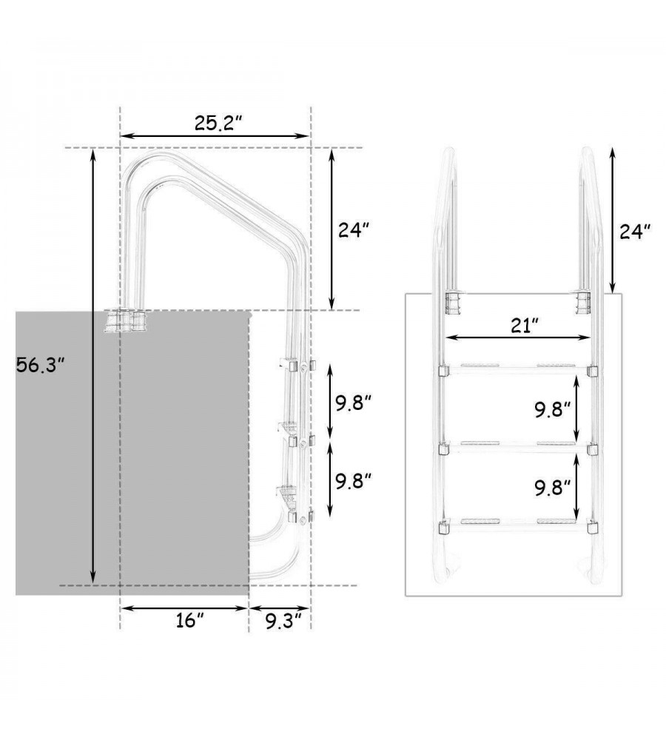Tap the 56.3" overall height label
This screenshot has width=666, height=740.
coord(40,365)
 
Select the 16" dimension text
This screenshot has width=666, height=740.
coord(189,621)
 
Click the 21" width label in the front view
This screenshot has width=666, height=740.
coord(525,325)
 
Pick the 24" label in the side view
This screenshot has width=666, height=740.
coord(353,230)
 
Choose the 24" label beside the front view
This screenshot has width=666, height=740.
coord(635,232)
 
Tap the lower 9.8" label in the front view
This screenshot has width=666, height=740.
coord(553,488)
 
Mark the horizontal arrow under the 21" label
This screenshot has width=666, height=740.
coord(518,337)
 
